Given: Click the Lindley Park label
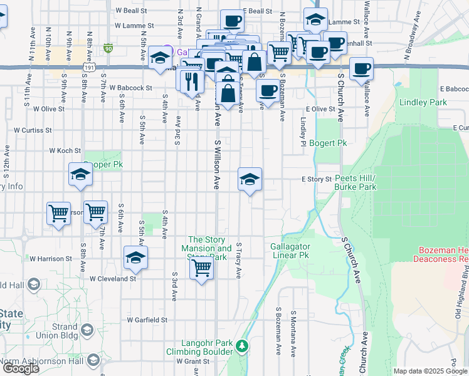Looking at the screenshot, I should [x=423, y=102].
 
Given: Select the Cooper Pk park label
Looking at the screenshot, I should [x=101, y=164].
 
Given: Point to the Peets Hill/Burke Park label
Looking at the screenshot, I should [x=355, y=182].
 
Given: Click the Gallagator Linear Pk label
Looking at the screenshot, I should [x=290, y=251].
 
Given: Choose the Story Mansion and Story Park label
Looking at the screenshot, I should [x=210, y=248].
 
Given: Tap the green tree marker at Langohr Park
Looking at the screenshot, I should [x=241, y=345].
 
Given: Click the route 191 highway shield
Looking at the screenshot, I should [x=88, y=67].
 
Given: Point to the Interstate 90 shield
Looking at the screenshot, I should [x=108, y=48].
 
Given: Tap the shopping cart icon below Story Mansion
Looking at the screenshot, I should [x=201, y=268].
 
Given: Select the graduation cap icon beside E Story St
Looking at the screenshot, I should [x=250, y=179].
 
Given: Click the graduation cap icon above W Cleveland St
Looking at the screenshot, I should [x=135, y=258].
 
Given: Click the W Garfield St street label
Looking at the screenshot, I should [x=147, y=320].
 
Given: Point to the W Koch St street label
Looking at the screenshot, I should [x=66, y=150].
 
